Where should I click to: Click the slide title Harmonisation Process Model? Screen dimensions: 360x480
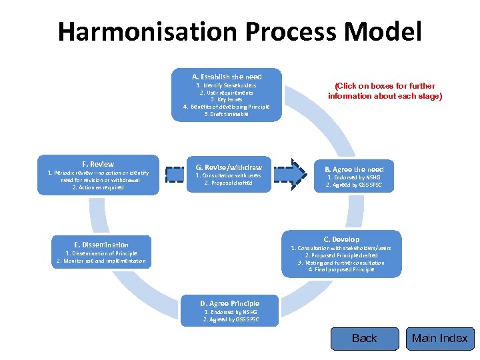(x=239, y=31)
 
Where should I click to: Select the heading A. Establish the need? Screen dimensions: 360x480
(x=227, y=77)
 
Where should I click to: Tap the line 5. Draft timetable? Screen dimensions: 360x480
(x=227, y=114)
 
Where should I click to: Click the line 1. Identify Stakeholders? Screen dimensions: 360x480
(x=227, y=85)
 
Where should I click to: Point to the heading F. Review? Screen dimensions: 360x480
(x=98, y=164)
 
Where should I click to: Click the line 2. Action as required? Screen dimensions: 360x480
(x=98, y=187)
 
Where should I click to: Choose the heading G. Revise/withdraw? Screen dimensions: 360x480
(x=229, y=167)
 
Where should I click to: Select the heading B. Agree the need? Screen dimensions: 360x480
(x=354, y=169)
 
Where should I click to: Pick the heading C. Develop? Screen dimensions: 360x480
(x=341, y=239)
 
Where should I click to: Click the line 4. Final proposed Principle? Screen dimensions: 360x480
(x=341, y=269)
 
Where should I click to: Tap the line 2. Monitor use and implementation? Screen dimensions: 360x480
(x=101, y=261)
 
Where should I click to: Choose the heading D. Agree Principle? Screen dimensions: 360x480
(x=231, y=303)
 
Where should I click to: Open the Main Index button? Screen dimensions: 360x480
(x=439, y=339)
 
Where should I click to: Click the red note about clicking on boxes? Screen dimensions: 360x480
(x=385, y=91)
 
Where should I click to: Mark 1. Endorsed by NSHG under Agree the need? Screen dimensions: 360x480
(x=354, y=178)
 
